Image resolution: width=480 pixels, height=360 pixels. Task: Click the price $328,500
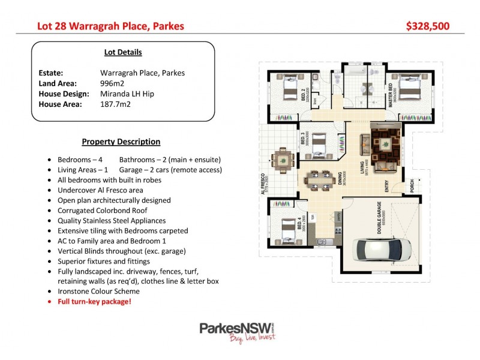pyautogui.click(x=427, y=26)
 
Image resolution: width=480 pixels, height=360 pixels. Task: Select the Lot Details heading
pyautogui.click(x=123, y=52)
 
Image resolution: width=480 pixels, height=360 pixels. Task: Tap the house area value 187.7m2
pyautogui.click(x=115, y=104)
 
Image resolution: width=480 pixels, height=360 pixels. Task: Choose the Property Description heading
pyautogui.click(x=121, y=142)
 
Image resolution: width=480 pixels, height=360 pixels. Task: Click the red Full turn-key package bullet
pyautogui.click(x=94, y=301)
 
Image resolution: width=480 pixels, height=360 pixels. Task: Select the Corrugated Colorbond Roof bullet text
pyautogui.click(x=103, y=210)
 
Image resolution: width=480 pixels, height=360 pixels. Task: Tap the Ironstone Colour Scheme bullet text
pyautogui.click(x=98, y=291)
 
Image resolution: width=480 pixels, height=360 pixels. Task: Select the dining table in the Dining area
pyautogui.click(x=319, y=179)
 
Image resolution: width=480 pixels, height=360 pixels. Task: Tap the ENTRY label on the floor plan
pyautogui.click(x=386, y=187)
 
